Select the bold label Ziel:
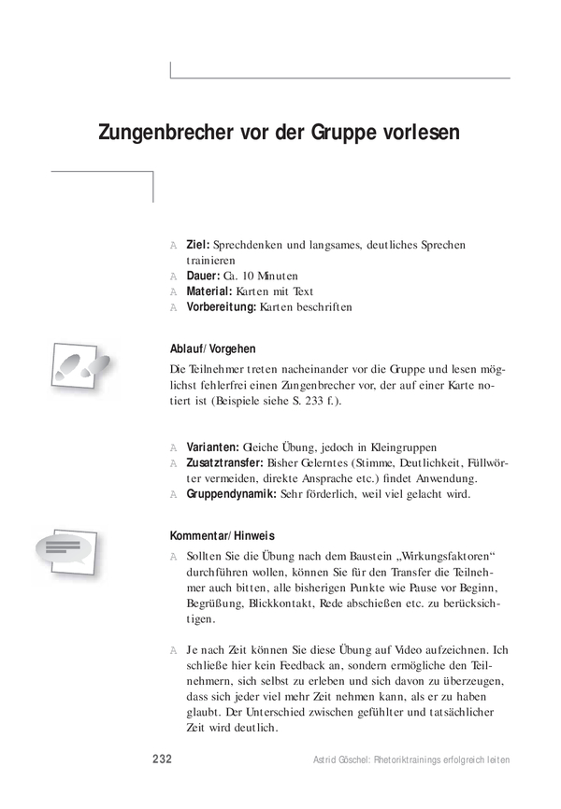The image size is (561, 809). coord(198,245)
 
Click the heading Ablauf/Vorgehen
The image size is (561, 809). coord(212,349)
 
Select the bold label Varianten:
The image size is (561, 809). coord(214,447)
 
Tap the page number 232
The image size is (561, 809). coord(161,759)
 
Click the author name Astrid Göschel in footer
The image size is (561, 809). coord(341,760)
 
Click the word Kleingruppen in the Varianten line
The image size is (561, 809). coord(404,447)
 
